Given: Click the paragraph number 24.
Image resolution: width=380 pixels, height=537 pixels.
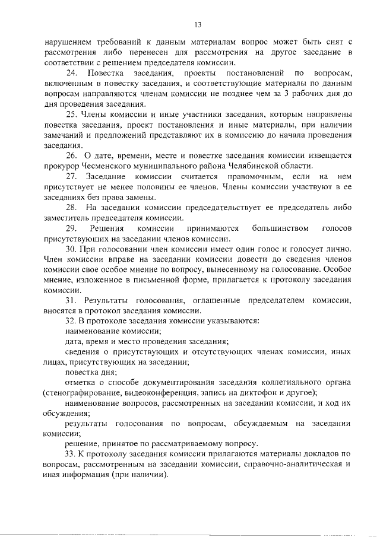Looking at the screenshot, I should point(72,74).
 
